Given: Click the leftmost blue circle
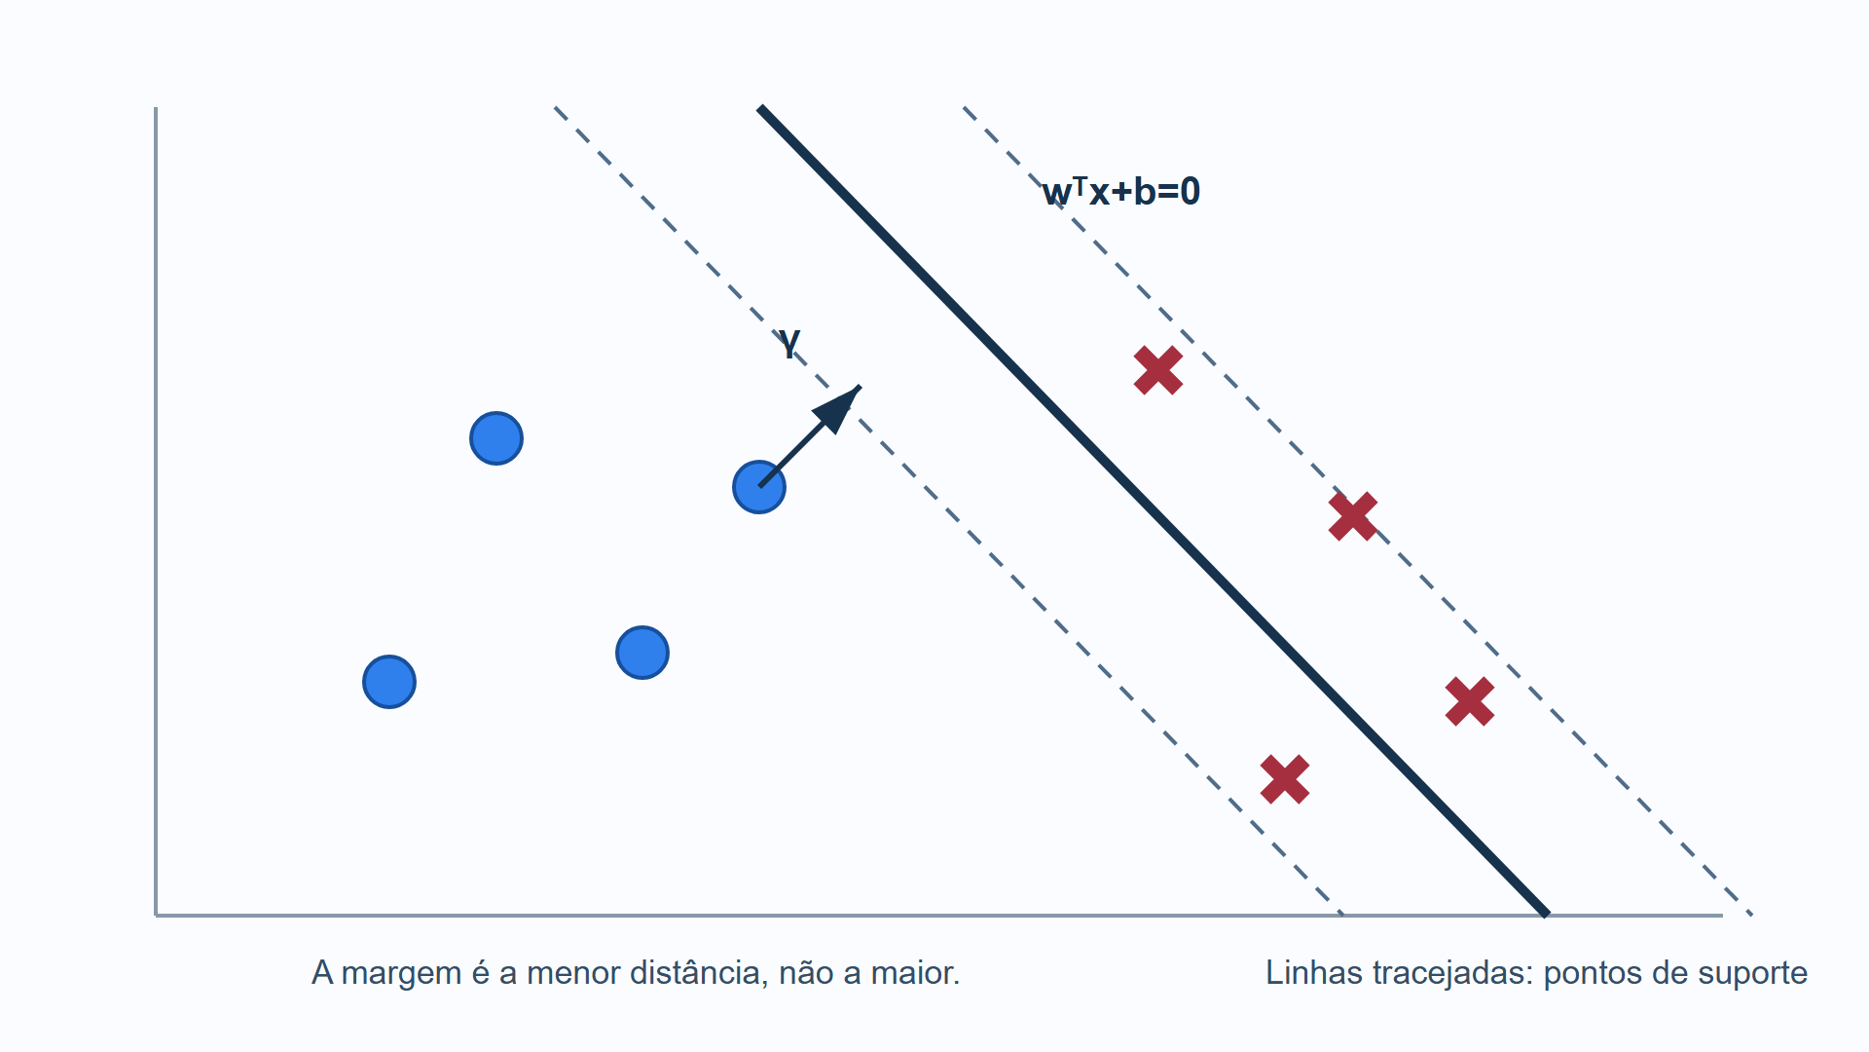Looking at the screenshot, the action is [389, 682].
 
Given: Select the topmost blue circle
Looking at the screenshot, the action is [496, 438].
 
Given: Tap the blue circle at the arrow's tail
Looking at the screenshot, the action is [759, 487].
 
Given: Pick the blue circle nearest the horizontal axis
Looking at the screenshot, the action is [389, 682].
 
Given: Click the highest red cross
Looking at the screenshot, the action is [1158, 370].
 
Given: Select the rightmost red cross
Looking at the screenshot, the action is [1470, 701].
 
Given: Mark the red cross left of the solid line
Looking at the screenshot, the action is [1285, 779].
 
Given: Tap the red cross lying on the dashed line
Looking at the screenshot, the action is [1353, 516].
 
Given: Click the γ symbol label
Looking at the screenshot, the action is [789, 344].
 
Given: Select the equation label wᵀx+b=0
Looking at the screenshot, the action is [1121, 191].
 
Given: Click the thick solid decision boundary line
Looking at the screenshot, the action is [1154, 511].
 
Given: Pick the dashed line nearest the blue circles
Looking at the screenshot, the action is [949, 511].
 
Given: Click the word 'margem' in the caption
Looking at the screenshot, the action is [401, 973].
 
